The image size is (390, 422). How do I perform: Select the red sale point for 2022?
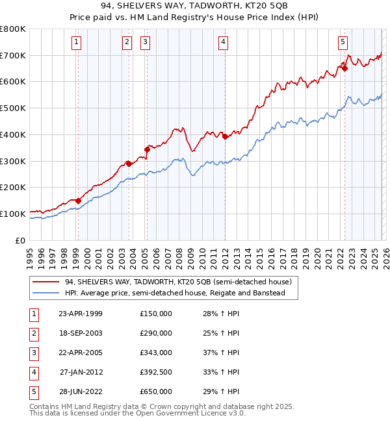[x=345, y=68]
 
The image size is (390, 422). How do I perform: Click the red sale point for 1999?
[x=78, y=201]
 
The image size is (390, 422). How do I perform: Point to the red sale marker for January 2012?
[x=225, y=136]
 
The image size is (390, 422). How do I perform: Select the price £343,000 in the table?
[x=156, y=353]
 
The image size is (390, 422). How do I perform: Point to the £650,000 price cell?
[x=156, y=391]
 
